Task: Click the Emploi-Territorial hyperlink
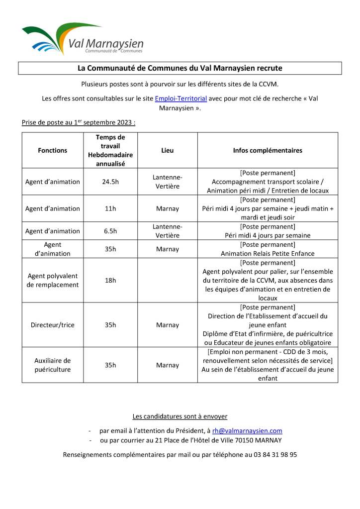180,99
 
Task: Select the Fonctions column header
52,150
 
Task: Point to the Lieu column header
168,150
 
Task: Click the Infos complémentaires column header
268,150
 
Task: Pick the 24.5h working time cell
110,182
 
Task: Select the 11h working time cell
110,208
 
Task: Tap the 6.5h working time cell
110,231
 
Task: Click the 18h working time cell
110,280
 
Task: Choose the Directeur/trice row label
52,325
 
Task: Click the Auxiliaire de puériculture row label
52,365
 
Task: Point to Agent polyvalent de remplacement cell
52,280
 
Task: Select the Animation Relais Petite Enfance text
268,253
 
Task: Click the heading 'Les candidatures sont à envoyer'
180,416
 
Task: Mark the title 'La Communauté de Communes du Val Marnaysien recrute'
180,68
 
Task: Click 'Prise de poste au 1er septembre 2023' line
78,122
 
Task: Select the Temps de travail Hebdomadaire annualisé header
110,150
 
